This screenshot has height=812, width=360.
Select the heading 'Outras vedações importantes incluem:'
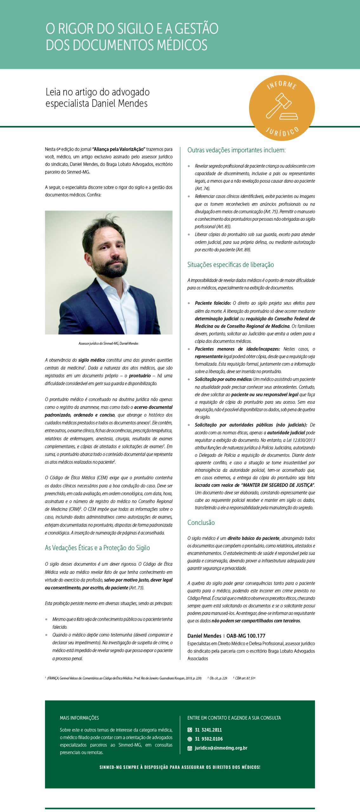(x=236, y=150)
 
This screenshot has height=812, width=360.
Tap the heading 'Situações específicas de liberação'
(x=230, y=265)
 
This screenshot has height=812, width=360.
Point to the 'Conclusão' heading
(x=201, y=523)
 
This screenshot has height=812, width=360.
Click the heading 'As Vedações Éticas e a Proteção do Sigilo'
(x=97, y=548)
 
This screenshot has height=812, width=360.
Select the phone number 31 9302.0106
(x=209, y=739)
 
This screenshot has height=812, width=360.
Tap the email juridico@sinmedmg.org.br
(x=221, y=748)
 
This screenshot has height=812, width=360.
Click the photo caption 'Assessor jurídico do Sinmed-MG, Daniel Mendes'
(x=108, y=344)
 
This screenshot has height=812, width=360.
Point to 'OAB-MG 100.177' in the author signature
(x=245, y=636)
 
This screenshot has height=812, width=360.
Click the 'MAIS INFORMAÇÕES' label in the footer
(x=79, y=718)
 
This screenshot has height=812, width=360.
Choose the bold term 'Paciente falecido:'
(x=213, y=303)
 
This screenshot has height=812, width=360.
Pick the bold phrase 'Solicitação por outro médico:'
(x=223, y=379)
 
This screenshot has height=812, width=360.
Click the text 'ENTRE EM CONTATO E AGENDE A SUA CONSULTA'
(x=234, y=718)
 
